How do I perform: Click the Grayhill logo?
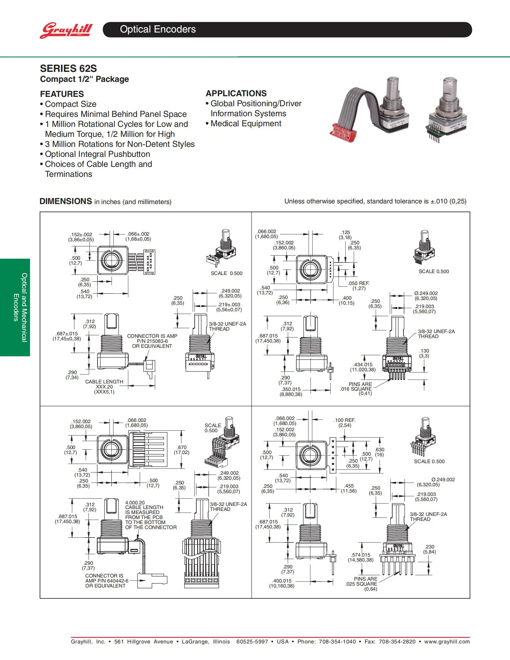[x=66, y=30]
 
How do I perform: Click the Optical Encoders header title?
[x=158, y=29]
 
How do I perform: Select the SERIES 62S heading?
[x=68, y=68]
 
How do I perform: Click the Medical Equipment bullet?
[x=246, y=124]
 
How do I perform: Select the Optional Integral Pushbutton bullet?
[x=97, y=154]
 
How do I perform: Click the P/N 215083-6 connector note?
[x=152, y=341]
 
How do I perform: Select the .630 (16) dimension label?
[x=380, y=452]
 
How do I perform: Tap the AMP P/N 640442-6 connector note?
[x=107, y=581]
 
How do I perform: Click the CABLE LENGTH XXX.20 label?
[x=104, y=387]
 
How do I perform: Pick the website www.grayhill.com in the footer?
[x=447, y=642]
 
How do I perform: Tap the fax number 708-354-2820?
[x=397, y=642]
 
